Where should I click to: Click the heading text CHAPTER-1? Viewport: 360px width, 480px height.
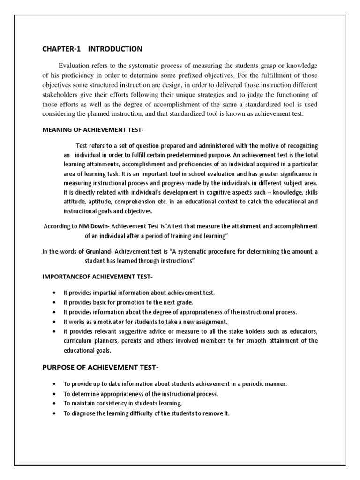(x=58, y=49)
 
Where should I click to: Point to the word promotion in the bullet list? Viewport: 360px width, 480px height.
(x=126, y=302)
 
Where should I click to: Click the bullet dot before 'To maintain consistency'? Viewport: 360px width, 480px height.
(x=55, y=404)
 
